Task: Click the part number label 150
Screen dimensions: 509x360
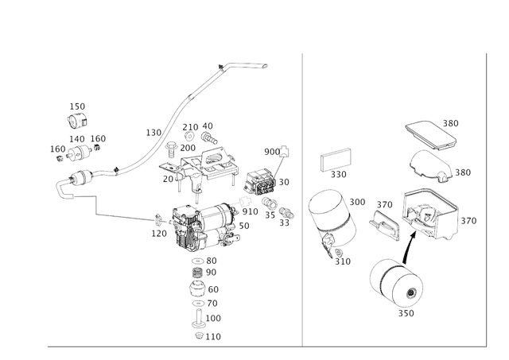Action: pyautogui.click(x=77, y=106)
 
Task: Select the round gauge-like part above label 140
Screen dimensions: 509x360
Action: pyautogui.click(x=78, y=121)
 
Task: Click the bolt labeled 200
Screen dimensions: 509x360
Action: pyautogui.click(x=171, y=150)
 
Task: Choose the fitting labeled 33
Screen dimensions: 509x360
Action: pyautogui.click(x=286, y=213)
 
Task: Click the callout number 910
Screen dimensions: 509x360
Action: pyautogui.click(x=250, y=211)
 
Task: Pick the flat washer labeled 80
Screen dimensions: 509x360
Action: pyautogui.click(x=198, y=261)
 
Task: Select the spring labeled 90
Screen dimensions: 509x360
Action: pyautogui.click(x=198, y=273)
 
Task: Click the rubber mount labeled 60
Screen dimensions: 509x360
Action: pyautogui.click(x=197, y=288)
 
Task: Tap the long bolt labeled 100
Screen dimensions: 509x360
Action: pyautogui.click(x=198, y=319)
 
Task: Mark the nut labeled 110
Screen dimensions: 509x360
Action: pyautogui.click(x=199, y=335)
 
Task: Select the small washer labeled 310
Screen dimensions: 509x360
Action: pyautogui.click(x=339, y=253)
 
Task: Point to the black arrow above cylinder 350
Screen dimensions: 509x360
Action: pyautogui.click(x=410, y=247)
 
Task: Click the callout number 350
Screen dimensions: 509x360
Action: pyautogui.click(x=406, y=313)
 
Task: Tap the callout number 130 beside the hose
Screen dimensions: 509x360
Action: pyautogui.click(x=153, y=133)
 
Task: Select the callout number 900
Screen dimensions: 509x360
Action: pyautogui.click(x=272, y=152)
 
